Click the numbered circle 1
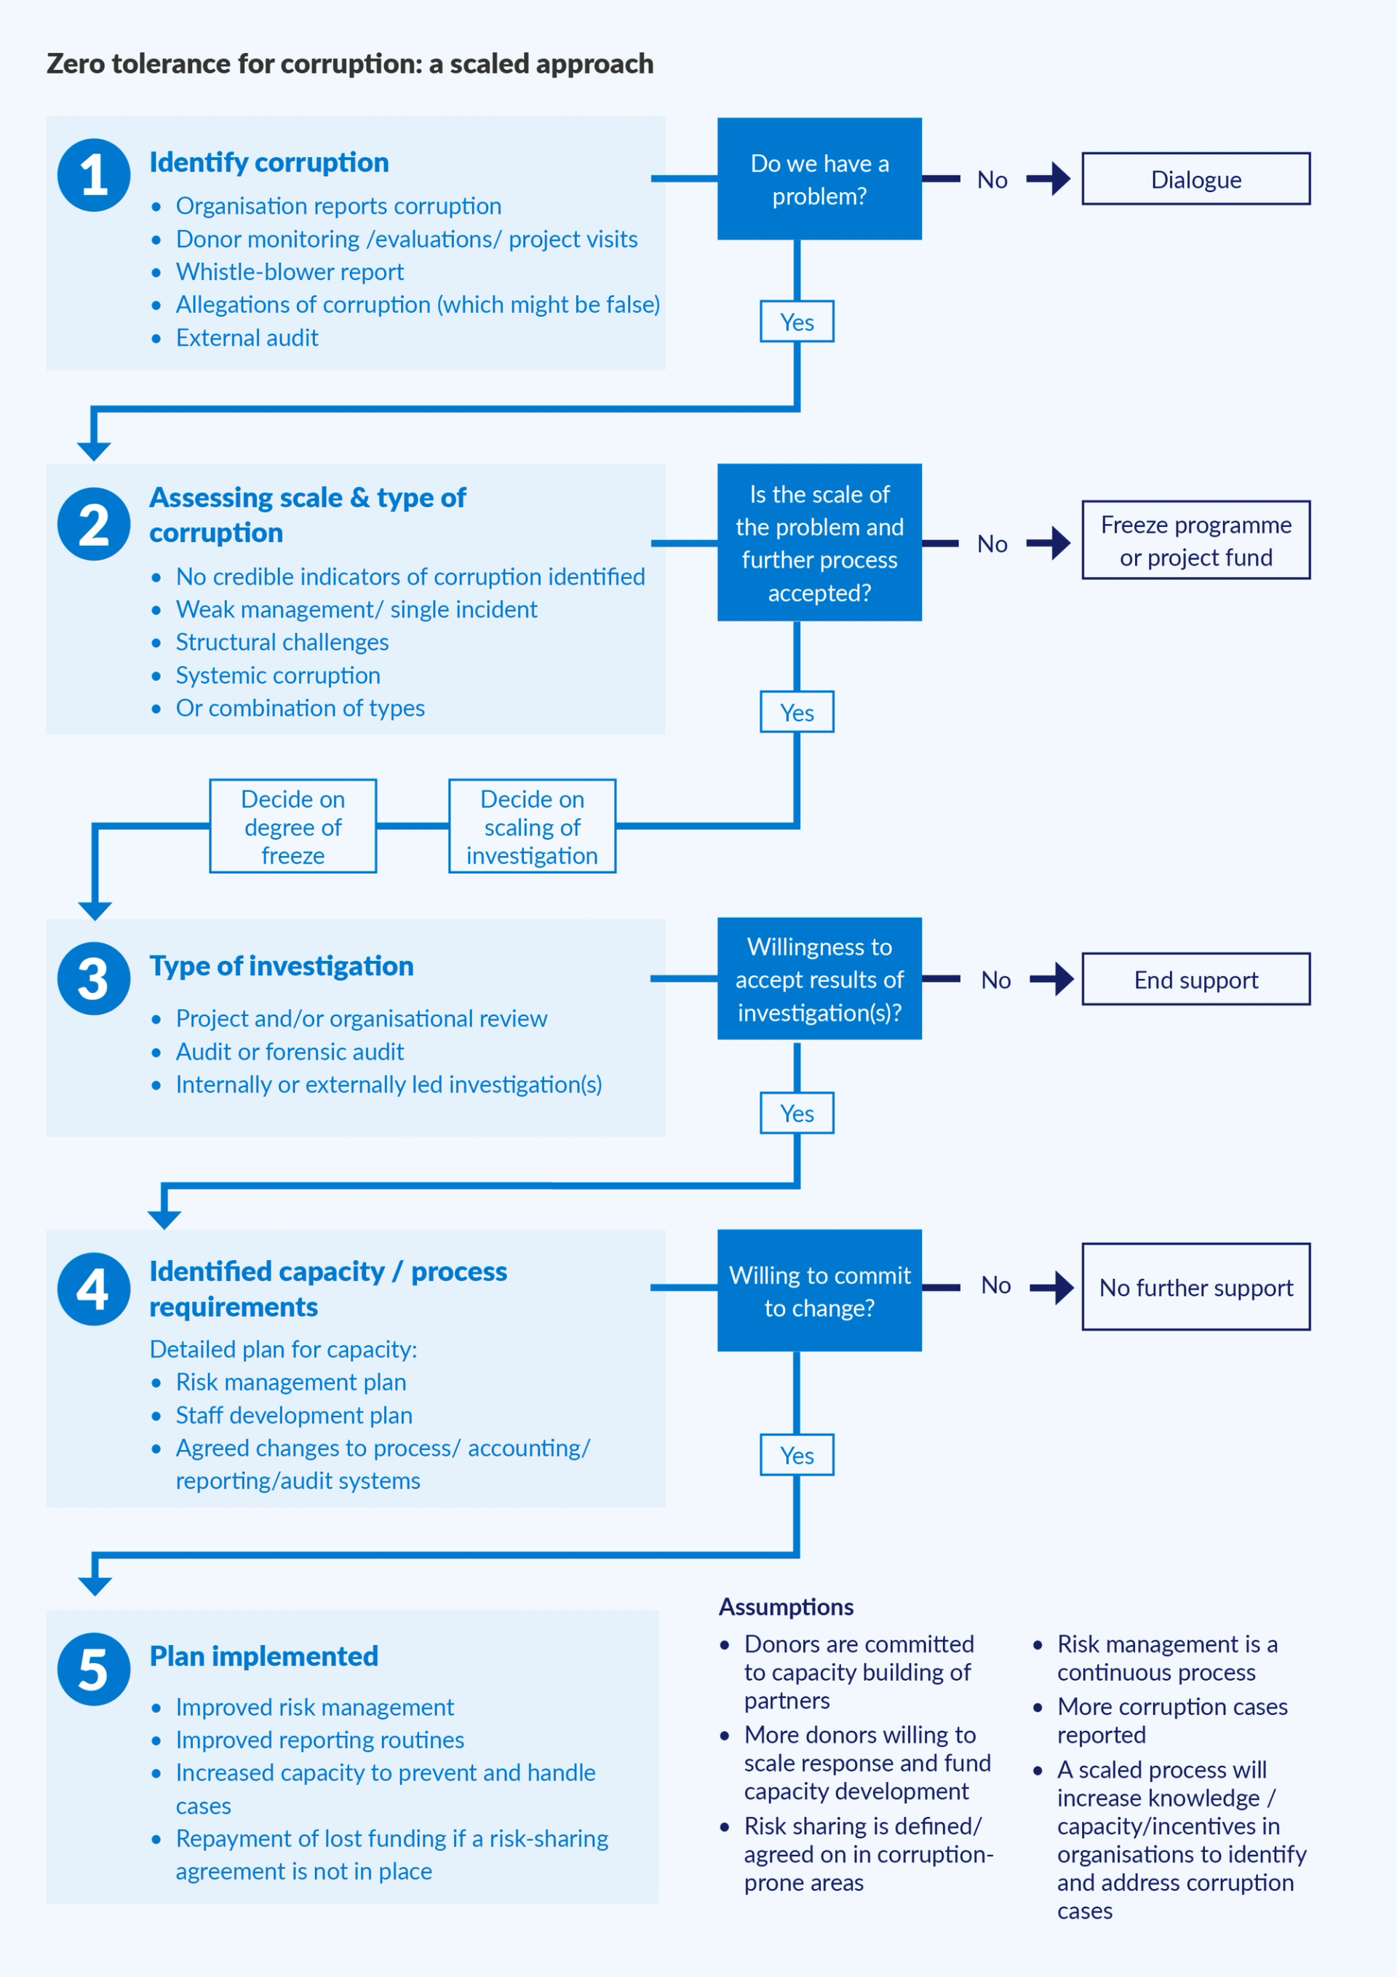(x=94, y=175)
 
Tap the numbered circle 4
(x=94, y=1288)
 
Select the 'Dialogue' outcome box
(x=1195, y=179)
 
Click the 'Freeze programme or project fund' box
(x=1195, y=540)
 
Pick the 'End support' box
(x=1195, y=979)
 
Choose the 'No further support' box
(x=1195, y=1286)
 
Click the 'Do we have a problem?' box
(x=819, y=179)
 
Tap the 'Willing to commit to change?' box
(x=819, y=1290)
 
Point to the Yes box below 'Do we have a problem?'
(x=796, y=321)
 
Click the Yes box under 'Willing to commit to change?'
(x=796, y=1454)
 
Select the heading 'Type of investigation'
(x=282, y=966)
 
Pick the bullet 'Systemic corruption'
(x=277, y=675)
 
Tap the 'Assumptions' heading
(x=786, y=1606)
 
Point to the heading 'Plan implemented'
(x=263, y=1656)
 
